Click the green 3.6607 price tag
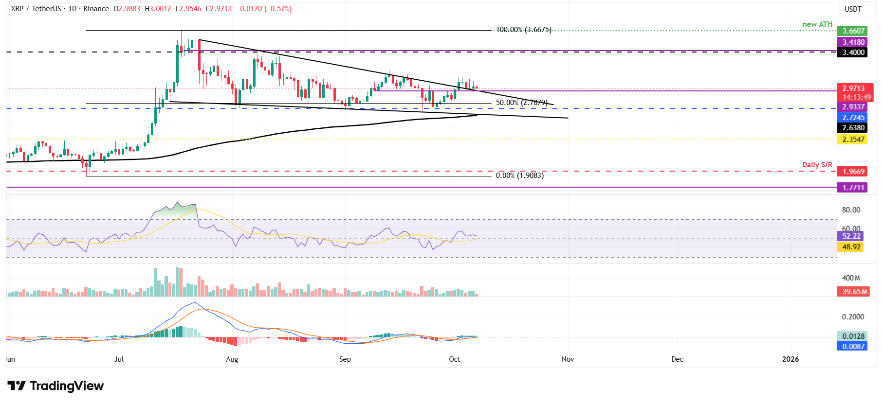pyautogui.click(x=853, y=31)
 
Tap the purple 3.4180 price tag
pyautogui.click(x=853, y=42)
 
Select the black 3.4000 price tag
pyautogui.click(x=853, y=53)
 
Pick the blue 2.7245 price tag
pyautogui.click(x=853, y=118)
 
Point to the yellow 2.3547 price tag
pyautogui.click(x=853, y=140)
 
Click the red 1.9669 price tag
pyautogui.click(x=853, y=171)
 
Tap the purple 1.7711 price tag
pyautogui.click(x=853, y=187)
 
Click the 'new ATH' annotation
pyautogui.click(x=817, y=24)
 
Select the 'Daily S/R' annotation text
pyautogui.click(x=817, y=165)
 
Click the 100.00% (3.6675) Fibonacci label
pyautogui.click(x=523, y=30)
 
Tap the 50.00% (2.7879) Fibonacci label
pyautogui.click(x=521, y=103)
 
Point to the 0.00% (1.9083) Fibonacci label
pyautogui.click(x=519, y=176)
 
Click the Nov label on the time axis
pyautogui.click(x=568, y=359)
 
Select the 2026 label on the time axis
pyautogui.click(x=790, y=359)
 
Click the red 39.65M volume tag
pyautogui.click(x=854, y=292)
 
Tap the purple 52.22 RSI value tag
pyautogui.click(x=851, y=236)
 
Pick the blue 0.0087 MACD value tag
pyautogui.click(x=853, y=347)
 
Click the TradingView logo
pyautogui.click(x=55, y=386)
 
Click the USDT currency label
pyautogui.click(x=853, y=9)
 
